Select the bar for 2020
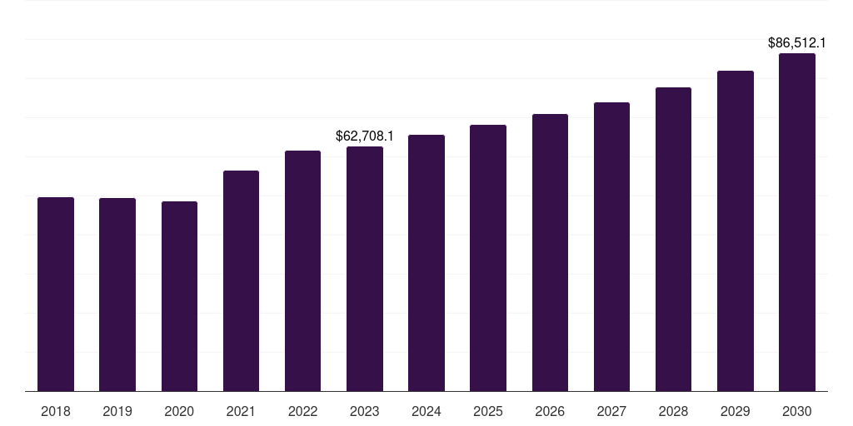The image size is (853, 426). point(179,296)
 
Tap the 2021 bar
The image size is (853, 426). point(241,280)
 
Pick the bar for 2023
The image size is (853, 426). point(365,269)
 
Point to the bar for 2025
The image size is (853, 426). point(488,258)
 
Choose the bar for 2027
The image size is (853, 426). point(611,246)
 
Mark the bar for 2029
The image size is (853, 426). point(736,230)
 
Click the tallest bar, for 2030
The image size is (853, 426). point(797,222)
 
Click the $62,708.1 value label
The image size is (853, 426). point(365,136)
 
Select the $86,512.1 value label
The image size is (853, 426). point(797,42)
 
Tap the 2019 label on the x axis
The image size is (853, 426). point(117,411)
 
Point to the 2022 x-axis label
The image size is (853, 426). point(303,411)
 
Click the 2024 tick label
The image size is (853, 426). point(426,411)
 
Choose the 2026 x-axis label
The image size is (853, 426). point(550,411)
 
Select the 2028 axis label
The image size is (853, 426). point(673,411)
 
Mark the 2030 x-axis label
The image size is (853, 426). point(797,411)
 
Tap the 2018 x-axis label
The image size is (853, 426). point(56,411)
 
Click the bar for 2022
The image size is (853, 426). point(303,270)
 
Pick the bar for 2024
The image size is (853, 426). point(426,263)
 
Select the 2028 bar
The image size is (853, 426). point(673,239)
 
